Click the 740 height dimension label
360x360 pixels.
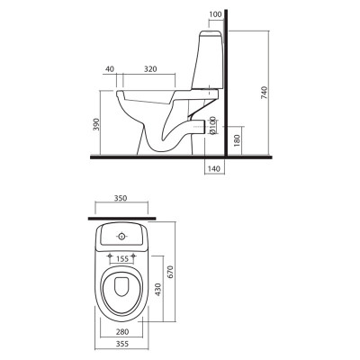pos(264,93)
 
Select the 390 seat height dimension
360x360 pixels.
pos(96,124)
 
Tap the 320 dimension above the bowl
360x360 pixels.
pos(150,69)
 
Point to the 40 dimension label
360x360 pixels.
pos(110,69)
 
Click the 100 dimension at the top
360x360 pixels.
pos(215,14)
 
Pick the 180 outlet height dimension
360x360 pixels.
pos(237,140)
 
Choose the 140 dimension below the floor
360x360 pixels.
pos(214,169)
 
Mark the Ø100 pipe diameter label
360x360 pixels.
pos(212,125)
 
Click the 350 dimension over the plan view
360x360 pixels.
pos(121,198)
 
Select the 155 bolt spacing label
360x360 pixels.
pos(122,258)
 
